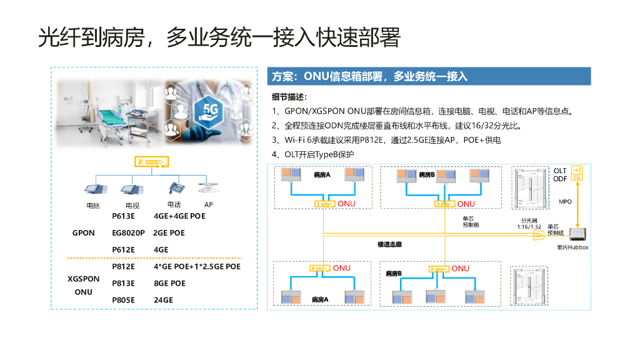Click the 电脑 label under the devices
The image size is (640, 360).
click(93, 205)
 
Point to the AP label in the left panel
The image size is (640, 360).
click(209, 204)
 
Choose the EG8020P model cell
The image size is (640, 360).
click(128, 233)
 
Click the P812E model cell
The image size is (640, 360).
click(123, 266)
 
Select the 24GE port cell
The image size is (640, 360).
click(163, 300)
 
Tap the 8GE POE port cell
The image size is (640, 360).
click(169, 283)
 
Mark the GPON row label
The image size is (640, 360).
click(84, 233)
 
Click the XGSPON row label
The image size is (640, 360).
click(83, 279)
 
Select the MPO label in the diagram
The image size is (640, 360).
click(565, 202)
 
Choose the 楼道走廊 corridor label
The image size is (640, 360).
click(389, 244)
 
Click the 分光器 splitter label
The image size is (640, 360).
click(529, 220)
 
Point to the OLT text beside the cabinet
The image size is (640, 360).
click(560, 171)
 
